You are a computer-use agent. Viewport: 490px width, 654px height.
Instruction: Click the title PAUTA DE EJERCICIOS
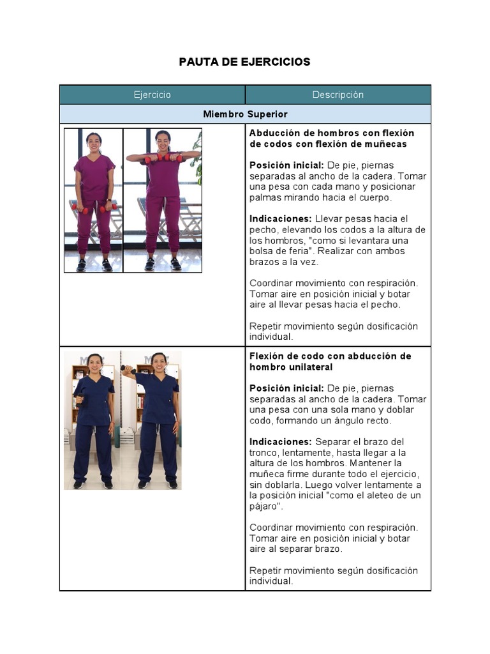coord(244,62)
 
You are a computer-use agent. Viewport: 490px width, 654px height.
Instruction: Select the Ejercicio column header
coord(152,95)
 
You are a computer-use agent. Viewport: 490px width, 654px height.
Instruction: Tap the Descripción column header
coord(338,95)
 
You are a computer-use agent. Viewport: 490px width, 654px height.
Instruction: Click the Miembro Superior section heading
coord(245,114)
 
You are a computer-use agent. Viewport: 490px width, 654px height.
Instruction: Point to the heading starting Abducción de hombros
coord(331,139)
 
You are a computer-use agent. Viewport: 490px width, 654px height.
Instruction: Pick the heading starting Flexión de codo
coord(330,361)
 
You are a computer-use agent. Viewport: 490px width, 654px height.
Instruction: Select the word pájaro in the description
coord(265,506)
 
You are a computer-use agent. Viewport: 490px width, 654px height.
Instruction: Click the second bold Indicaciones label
coord(280,442)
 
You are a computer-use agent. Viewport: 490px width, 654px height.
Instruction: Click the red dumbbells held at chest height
coord(163,158)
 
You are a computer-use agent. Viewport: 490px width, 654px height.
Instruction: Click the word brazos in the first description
coord(265,262)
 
